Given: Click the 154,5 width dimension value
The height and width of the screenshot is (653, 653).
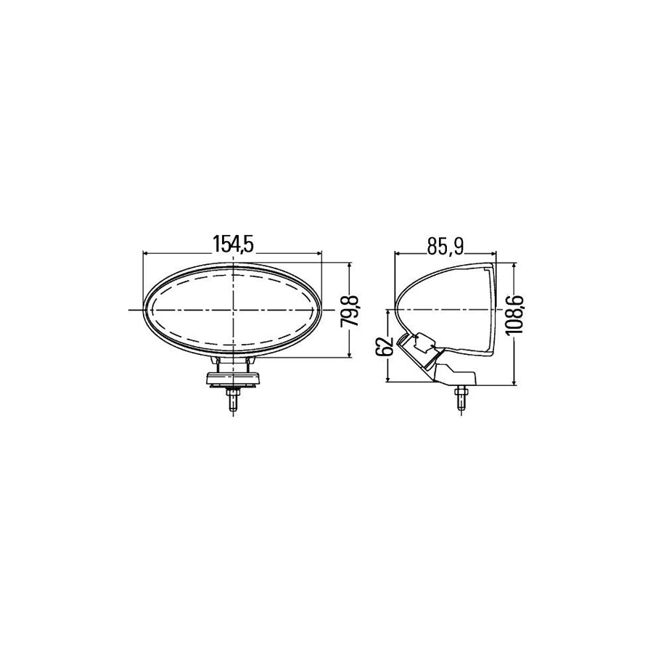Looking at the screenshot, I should coord(233,245).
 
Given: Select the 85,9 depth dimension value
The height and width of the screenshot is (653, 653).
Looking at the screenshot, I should coord(445,247).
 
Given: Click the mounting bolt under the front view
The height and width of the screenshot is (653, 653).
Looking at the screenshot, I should coord(233,401).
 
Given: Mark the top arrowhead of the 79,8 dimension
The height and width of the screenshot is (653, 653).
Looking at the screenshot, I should coord(350,266).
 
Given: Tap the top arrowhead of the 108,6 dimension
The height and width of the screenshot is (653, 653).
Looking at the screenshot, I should coord(513,266).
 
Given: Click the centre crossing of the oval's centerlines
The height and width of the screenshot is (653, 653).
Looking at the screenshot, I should coord(233,310).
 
